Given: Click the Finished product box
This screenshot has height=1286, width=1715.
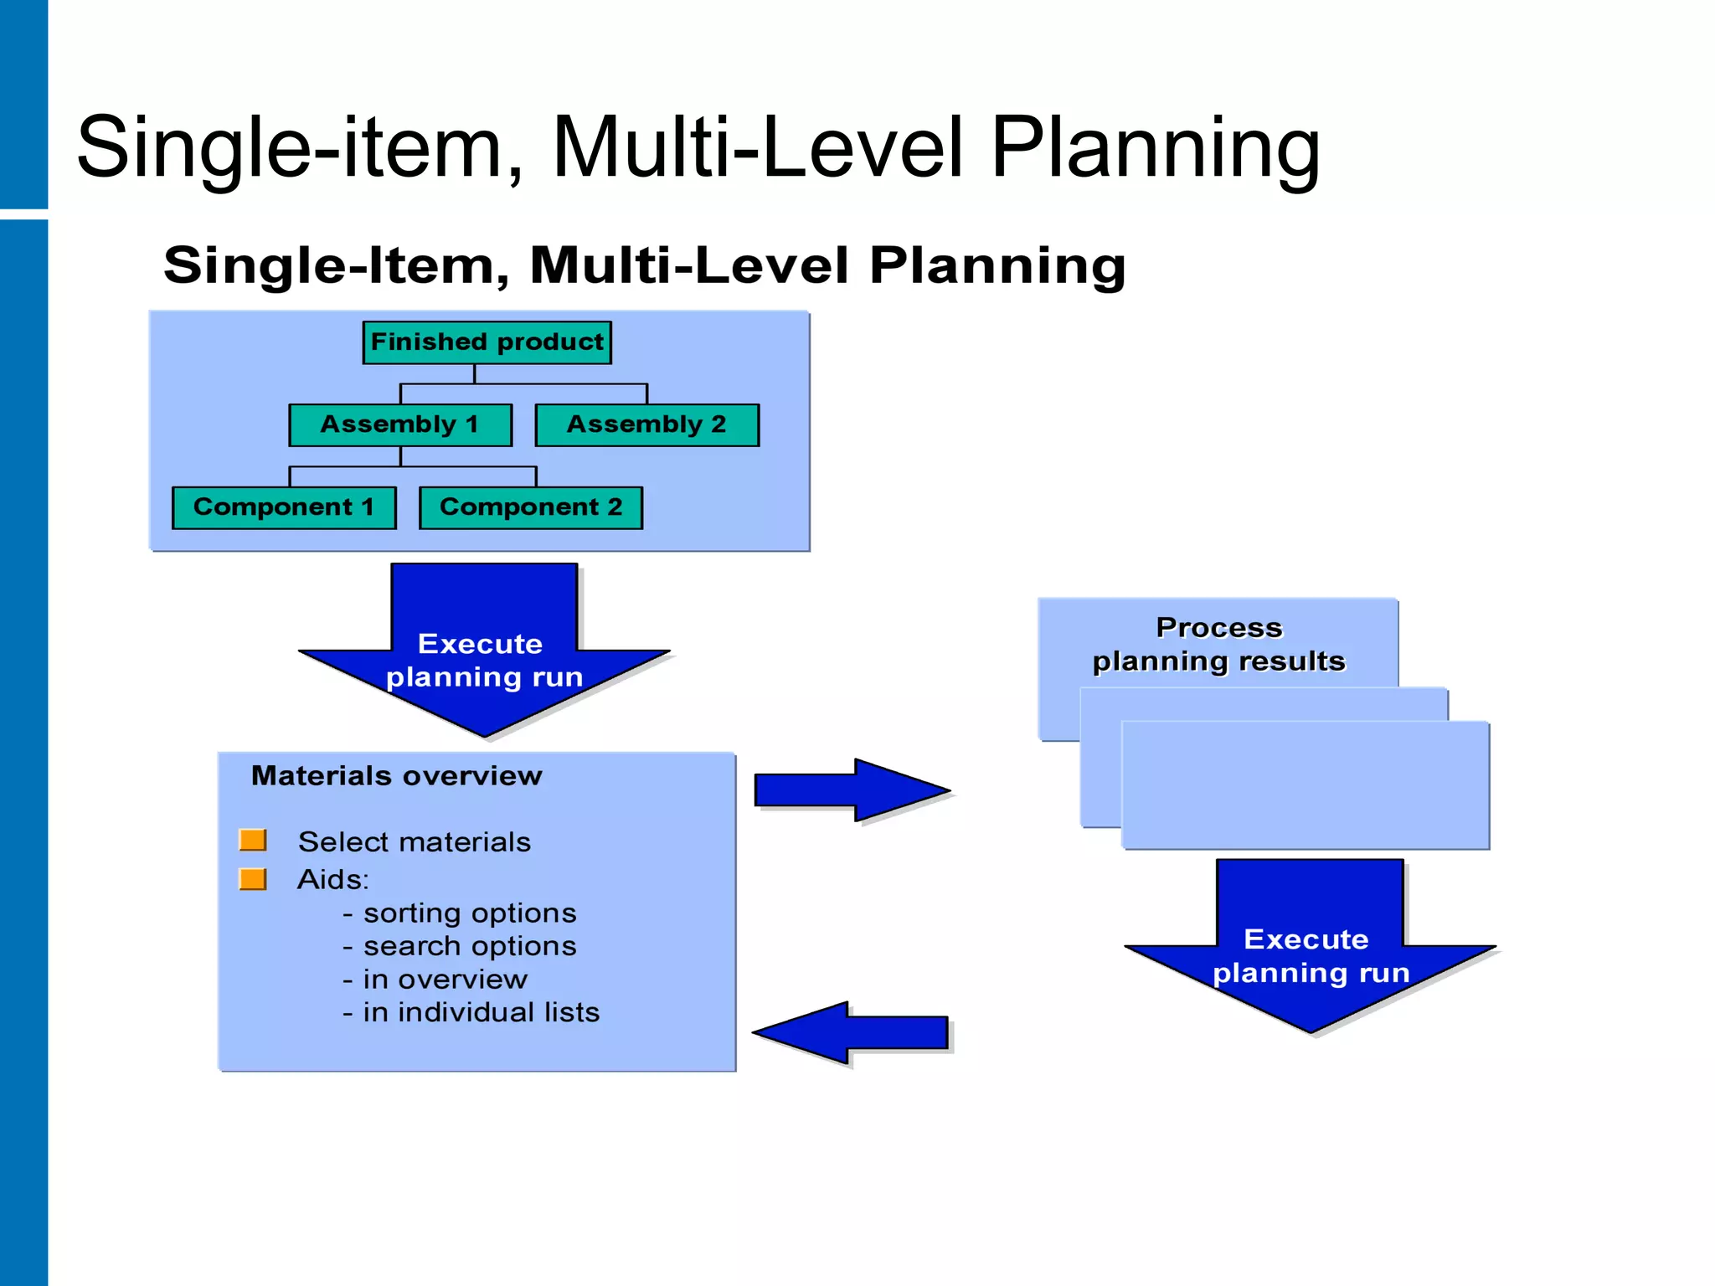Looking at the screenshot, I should [x=487, y=342].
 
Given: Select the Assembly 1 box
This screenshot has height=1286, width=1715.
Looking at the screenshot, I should [x=400, y=424].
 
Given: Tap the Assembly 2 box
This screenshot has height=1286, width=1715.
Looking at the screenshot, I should [x=646, y=424].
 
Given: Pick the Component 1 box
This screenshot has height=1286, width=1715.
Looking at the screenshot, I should [x=284, y=507].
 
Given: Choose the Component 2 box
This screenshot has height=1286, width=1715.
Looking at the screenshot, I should [x=531, y=507].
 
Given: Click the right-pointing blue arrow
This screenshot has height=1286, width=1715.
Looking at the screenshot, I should [x=850, y=790].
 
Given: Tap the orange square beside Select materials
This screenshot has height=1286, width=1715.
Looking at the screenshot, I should [x=253, y=840].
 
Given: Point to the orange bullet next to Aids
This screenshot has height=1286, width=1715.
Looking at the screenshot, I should [x=253, y=879].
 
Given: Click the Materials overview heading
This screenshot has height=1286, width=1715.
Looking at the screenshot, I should [x=397, y=776].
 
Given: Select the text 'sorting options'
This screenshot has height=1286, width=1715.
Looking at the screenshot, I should [x=469, y=913].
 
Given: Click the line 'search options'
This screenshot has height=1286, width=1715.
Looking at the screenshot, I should [x=469, y=946].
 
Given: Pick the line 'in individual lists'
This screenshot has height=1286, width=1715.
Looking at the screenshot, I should [x=481, y=1012].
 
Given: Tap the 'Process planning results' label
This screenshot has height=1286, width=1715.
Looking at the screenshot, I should [x=1218, y=645].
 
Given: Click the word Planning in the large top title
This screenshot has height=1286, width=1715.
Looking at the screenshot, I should [x=1156, y=148].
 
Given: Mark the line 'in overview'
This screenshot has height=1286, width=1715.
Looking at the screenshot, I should [x=445, y=980].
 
